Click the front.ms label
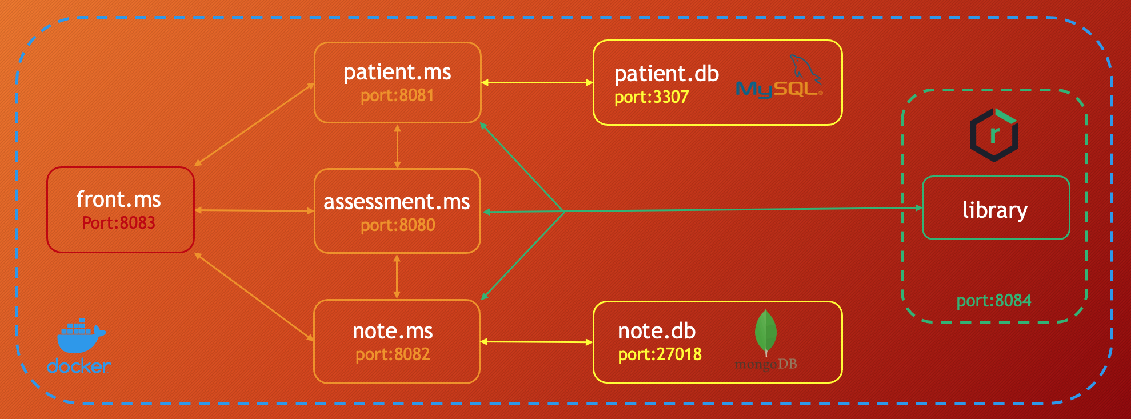coord(118,199)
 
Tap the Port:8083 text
coord(118,222)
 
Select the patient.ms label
coord(397,73)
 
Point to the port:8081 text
coord(397,95)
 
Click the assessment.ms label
coord(397,202)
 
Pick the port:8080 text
coord(398,225)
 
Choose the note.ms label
coord(393,331)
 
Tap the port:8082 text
coord(393,354)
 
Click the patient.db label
coord(666,74)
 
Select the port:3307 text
coord(652,97)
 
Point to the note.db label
coord(657,331)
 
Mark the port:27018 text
coord(660,354)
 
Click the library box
coord(996,208)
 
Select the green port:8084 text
coord(994,301)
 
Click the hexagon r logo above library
coord(994,135)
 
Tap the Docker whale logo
coord(81,337)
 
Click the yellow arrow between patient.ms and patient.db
coord(537,83)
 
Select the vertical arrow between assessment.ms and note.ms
coord(397,277)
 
